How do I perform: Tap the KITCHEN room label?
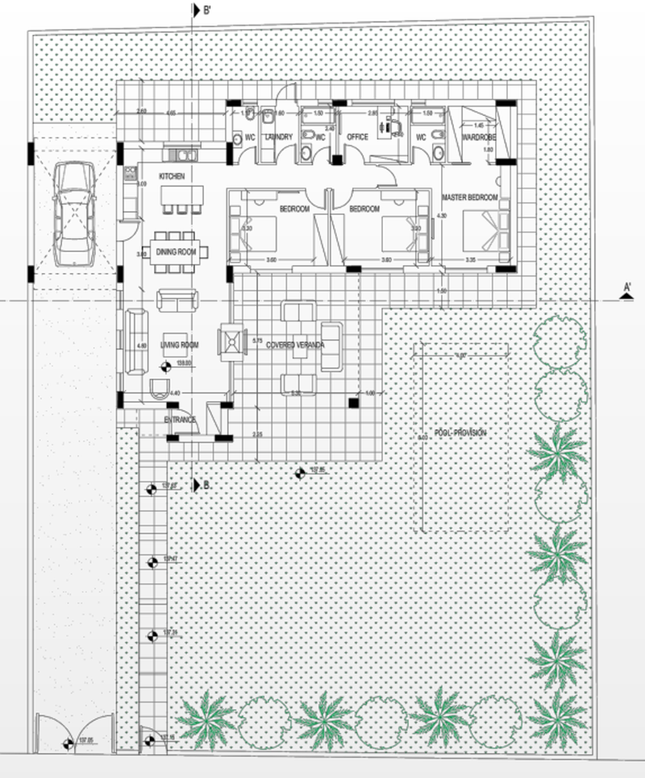[172, 176]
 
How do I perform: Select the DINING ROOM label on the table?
[177, 253]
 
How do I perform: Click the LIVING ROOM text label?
[179, 346]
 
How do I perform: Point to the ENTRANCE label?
[180, 420]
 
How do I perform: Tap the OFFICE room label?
[357, 138]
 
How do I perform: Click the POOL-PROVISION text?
[460, 432]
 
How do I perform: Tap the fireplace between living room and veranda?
[232, 343]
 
